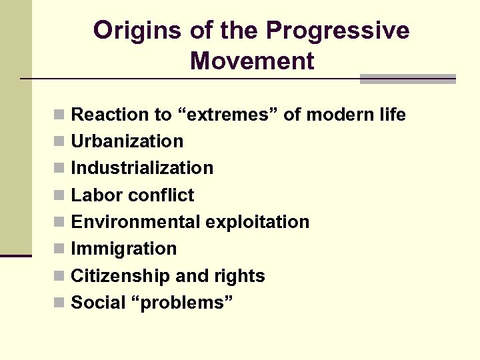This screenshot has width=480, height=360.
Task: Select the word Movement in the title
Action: click(x=251, y=61)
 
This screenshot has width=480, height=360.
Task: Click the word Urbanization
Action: click(x=127, y=141)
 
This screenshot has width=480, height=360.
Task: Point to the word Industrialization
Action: click(x=142, y=168)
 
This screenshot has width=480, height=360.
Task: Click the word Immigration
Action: click(x=123, y=249)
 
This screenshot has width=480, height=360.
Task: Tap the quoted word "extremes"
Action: click(x=227, y=115)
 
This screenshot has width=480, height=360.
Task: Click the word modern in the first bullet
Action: click(x=337, y=115)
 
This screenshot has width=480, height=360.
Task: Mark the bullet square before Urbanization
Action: click(x=60, y=142)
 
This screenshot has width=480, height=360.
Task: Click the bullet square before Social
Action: click(x=60, y=303)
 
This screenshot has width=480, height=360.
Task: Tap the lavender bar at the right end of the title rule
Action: click(x=407, y=79)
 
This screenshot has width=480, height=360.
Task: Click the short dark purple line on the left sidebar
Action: click(x=15, y=255)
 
